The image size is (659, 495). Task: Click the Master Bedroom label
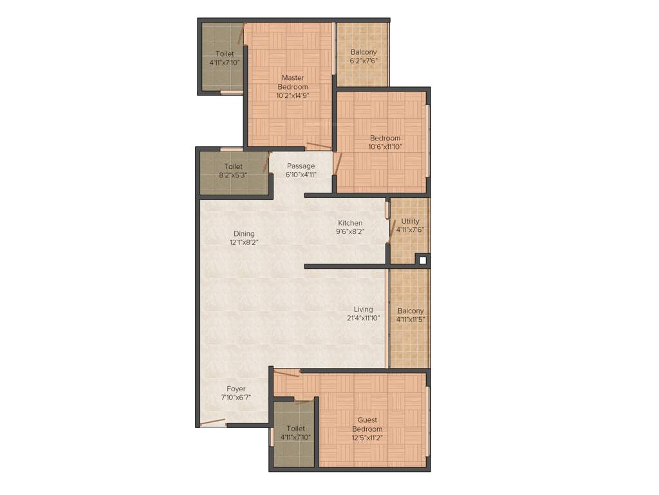pos(293,82)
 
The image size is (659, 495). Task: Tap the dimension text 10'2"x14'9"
pos(293,96)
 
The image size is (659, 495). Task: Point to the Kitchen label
pos(351,223)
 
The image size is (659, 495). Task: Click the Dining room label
pos(245,234)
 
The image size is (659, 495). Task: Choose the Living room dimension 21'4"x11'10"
pos(363,318)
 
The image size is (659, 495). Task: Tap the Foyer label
pos(236,389)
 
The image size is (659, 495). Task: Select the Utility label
pos(411,221)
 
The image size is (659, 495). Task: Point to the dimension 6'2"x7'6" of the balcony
pos(364,61)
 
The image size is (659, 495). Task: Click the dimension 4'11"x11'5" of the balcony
pos(411,320)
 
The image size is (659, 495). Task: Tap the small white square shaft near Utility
pos(422,260)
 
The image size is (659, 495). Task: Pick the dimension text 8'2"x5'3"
pos(233,175)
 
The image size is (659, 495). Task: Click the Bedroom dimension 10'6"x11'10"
pos(385,146)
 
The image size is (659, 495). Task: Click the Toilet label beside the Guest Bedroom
pos(295,428)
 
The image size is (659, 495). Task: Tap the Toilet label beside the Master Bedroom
pos(225,53)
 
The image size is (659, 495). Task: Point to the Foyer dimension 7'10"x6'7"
pos(236,398)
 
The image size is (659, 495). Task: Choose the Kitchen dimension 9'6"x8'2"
pos(351,232)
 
